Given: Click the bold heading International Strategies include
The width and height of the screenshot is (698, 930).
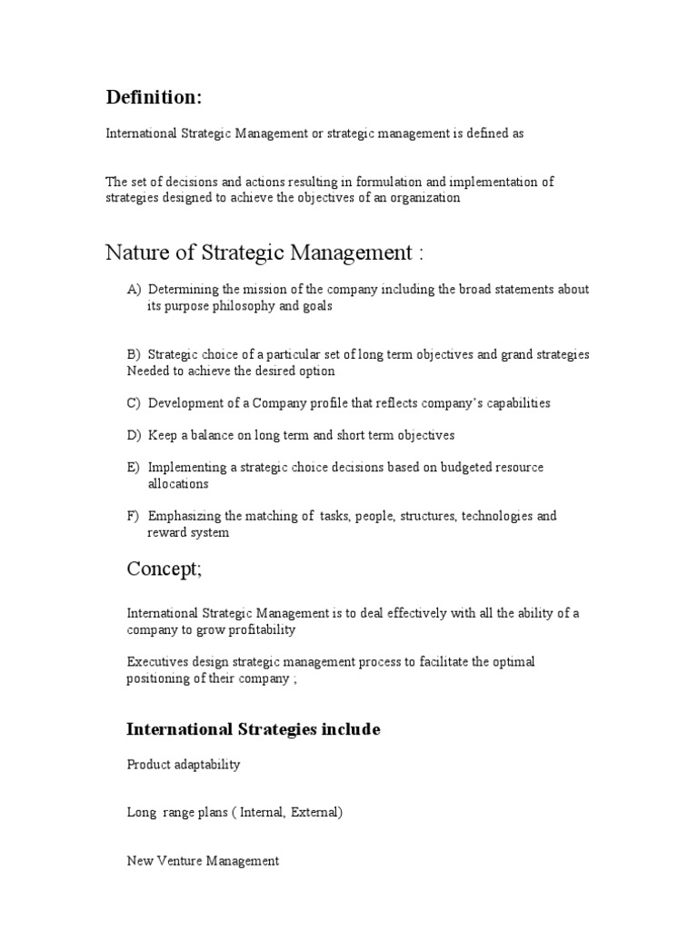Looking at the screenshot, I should coord(254,729).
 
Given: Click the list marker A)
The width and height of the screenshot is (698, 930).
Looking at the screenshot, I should coord(135,290).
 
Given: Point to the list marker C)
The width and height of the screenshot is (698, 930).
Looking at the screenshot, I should coord(135,403).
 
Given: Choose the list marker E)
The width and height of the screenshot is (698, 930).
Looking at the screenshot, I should coord(134,468).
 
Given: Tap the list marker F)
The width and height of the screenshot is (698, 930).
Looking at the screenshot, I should coord(134,517).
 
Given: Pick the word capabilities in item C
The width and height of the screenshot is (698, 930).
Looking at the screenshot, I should coord(515,403).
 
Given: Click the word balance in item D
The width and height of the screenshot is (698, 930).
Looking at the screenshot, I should coord(210,436).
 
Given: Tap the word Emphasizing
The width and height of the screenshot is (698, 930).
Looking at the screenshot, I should coord(184,517).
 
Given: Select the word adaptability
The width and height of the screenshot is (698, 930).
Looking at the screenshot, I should coord(208,765).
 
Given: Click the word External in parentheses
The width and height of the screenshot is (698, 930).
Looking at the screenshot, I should coord(312,813).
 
